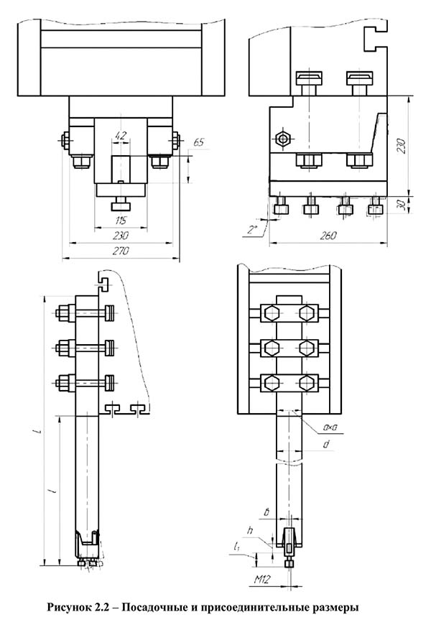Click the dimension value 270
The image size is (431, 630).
121,251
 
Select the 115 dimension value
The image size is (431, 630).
121,221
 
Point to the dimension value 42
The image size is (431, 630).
121,136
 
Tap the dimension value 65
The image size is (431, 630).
198,142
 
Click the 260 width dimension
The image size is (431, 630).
328,236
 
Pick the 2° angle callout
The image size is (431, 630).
252,230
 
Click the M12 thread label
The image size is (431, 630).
263,579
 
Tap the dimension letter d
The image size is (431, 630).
327,444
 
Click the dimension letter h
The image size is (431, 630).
250,530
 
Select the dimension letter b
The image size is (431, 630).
266,513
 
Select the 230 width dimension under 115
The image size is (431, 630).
121,236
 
